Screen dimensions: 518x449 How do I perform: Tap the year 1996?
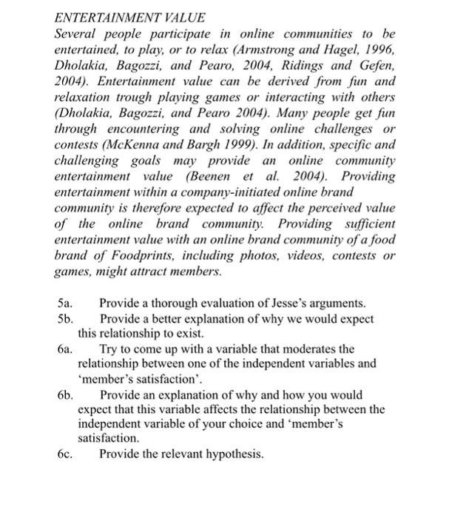(381, 49)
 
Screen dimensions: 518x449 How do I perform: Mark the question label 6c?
(64, 454)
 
